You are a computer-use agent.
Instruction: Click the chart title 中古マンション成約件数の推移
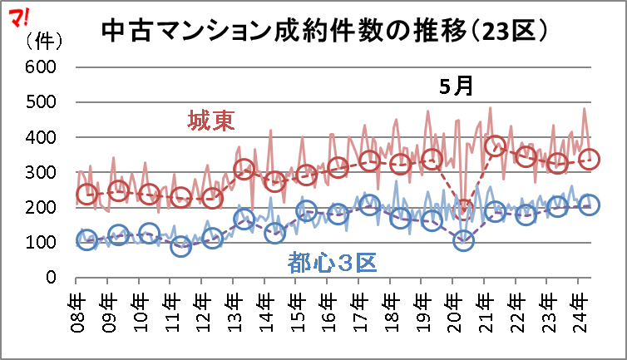[x=324, y=31]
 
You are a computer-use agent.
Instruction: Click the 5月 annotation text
[x=457, y=86]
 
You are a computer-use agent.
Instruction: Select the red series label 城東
[x=210, y=121]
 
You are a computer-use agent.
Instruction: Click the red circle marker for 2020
[x=464, y=208]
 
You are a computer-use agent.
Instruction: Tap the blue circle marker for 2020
[x=464, y=240]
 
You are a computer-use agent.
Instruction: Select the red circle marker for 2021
[x=496, y=147]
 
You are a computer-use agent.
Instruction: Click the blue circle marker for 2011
[x=181, y=246]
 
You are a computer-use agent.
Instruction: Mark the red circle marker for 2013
[x=244, y=170]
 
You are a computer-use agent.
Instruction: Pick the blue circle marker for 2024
[x=589, y=205]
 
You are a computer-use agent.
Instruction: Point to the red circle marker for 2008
[x=86, y=195]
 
